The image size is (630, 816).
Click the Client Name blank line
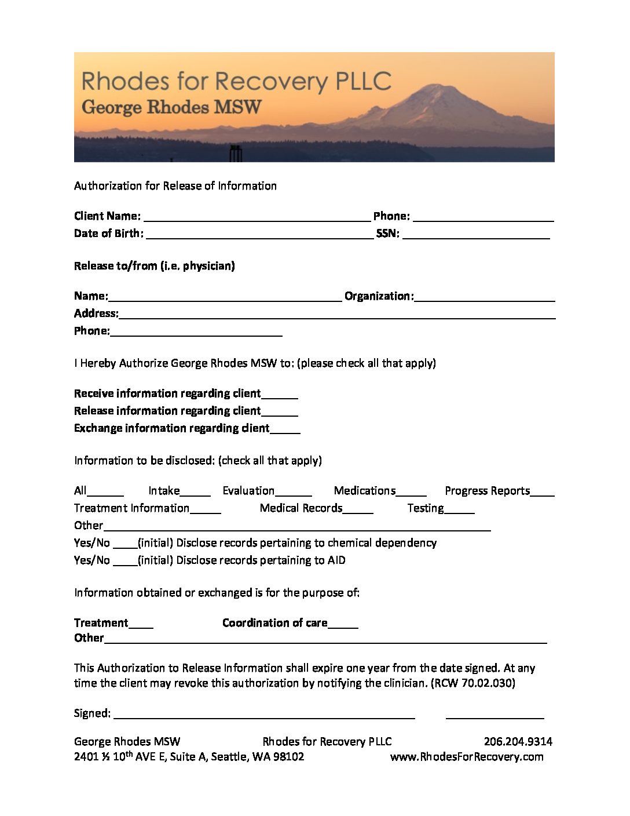click(x=257, y=217)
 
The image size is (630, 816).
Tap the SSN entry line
click(x=475, y=235)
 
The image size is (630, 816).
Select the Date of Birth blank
click(x=259, y=235)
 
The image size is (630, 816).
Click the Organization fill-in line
click(x=484, y=297)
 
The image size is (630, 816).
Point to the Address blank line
click(x=336, y=315)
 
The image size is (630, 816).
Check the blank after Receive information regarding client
click(x=280, y=395)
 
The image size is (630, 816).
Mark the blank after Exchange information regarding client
click(x=285, y=429)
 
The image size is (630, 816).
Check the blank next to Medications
click(x=411, y=492)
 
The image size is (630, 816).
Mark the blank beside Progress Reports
click(x=542, y=492)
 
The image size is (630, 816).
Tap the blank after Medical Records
click(x=358, y=509)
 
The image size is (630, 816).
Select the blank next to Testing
click(x=460, y=509)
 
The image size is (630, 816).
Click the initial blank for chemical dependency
click(x=125, y=544)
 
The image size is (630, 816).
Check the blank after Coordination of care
click(x=343, y=624)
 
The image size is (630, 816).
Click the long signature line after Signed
click(x=264, y=715)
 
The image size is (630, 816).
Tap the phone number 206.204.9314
click(x=518, y=742)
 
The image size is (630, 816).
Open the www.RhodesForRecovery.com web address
click(x=467, y=757)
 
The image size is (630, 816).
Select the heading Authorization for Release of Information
click(x=175, y=186)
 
